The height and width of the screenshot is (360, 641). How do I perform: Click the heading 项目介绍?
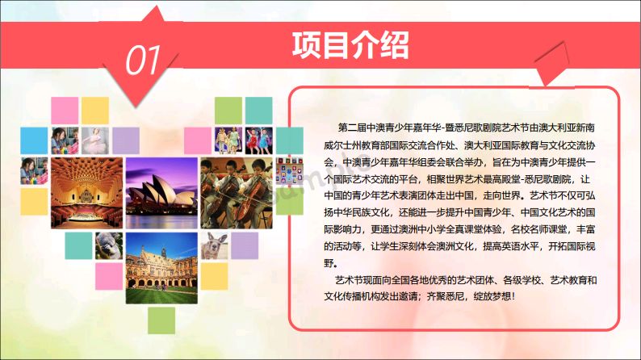[350, 45]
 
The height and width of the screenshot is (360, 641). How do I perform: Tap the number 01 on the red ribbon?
[143, 60]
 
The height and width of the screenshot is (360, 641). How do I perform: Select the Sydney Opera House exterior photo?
[161, 193]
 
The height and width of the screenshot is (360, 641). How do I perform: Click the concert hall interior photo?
[86, 193]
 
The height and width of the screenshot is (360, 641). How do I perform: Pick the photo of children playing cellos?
[237, 193]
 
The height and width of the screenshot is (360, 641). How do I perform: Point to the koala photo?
[109, 246]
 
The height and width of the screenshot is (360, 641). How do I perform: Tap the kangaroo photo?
[214, 246]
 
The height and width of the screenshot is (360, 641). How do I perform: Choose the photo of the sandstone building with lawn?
[161, 268]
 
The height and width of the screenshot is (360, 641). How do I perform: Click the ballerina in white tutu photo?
[95, 140]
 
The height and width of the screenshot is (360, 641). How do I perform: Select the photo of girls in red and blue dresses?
[259, 140]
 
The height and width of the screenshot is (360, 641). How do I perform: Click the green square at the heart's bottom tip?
[161, 320]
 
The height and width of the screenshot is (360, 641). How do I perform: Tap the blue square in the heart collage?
[34, 140]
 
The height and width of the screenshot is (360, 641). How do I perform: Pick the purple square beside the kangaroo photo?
[245, 246]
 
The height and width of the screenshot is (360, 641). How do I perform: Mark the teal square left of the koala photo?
[78, 246]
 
